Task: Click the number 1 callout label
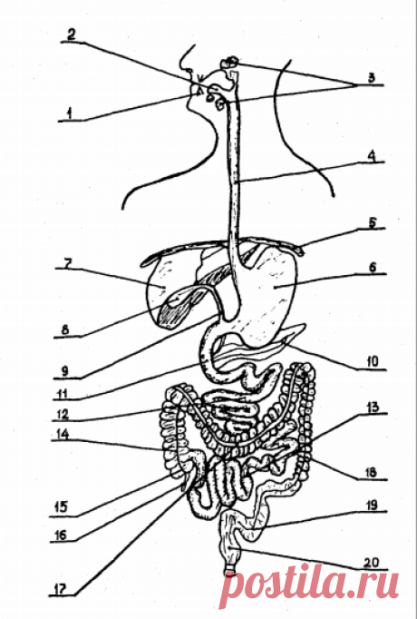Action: pyautogui.click(x=70, y=114)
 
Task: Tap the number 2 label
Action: pyautogui.click(x=71, y=34)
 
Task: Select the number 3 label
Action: pyautogui.click(x=371, y=77)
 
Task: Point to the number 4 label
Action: pyautogui.click(x=371, y=155)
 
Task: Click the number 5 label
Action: pyautogui.click(x=372, y=222)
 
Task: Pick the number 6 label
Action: pyautogui.click(x=373, y=267)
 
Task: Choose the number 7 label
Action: pyautogui.click(x=67, y=263)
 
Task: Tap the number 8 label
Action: pyautogui.click(x=65, y=329)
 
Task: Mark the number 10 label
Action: pyautogui.click(x=372, y=361)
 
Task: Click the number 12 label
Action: pyautogui.click(x=63, y=414)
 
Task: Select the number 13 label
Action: pyautogui.click(x=372, y=407)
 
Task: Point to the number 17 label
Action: pyautogui.click(x=60, y=589)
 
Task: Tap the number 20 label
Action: pyautogui.click(x=372, y=562)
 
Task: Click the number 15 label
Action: pyautogui.click(x=61, y=506)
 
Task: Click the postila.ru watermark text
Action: pyautogui.click(x=308, y=587)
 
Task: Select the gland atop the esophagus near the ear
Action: pyautogui.click(x=229, y=62)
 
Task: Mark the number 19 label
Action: pyautogui.click(x=372, y=506)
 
